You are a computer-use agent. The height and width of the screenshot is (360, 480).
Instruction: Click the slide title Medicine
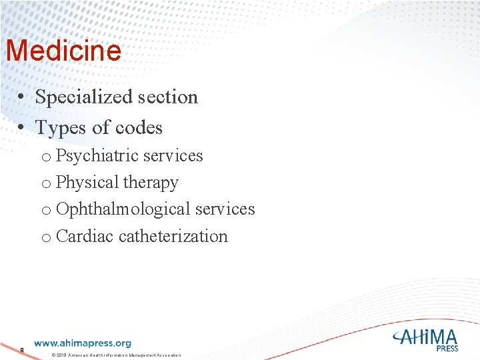pyautogui.click(x=63, y=51)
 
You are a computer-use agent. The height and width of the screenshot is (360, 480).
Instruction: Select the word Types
pyautogui.click(x=57, y=127)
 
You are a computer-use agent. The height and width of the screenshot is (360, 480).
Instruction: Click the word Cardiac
pyautogui.click(x=85, y=236)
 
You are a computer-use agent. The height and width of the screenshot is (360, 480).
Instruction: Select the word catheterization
pyautogui.click(x=173, y=236)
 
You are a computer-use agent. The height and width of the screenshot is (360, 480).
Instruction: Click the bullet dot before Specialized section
pyautogui.click(x=22, y=98)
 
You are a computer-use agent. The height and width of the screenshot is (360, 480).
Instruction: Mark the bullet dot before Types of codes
pyautogui.click(x=22, y=128)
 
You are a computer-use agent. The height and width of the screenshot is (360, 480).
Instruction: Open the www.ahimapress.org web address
pyautogui.click(x=83, y=344)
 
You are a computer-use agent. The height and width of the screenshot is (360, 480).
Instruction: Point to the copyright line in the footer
pyautogui.click(x=116, y=354)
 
